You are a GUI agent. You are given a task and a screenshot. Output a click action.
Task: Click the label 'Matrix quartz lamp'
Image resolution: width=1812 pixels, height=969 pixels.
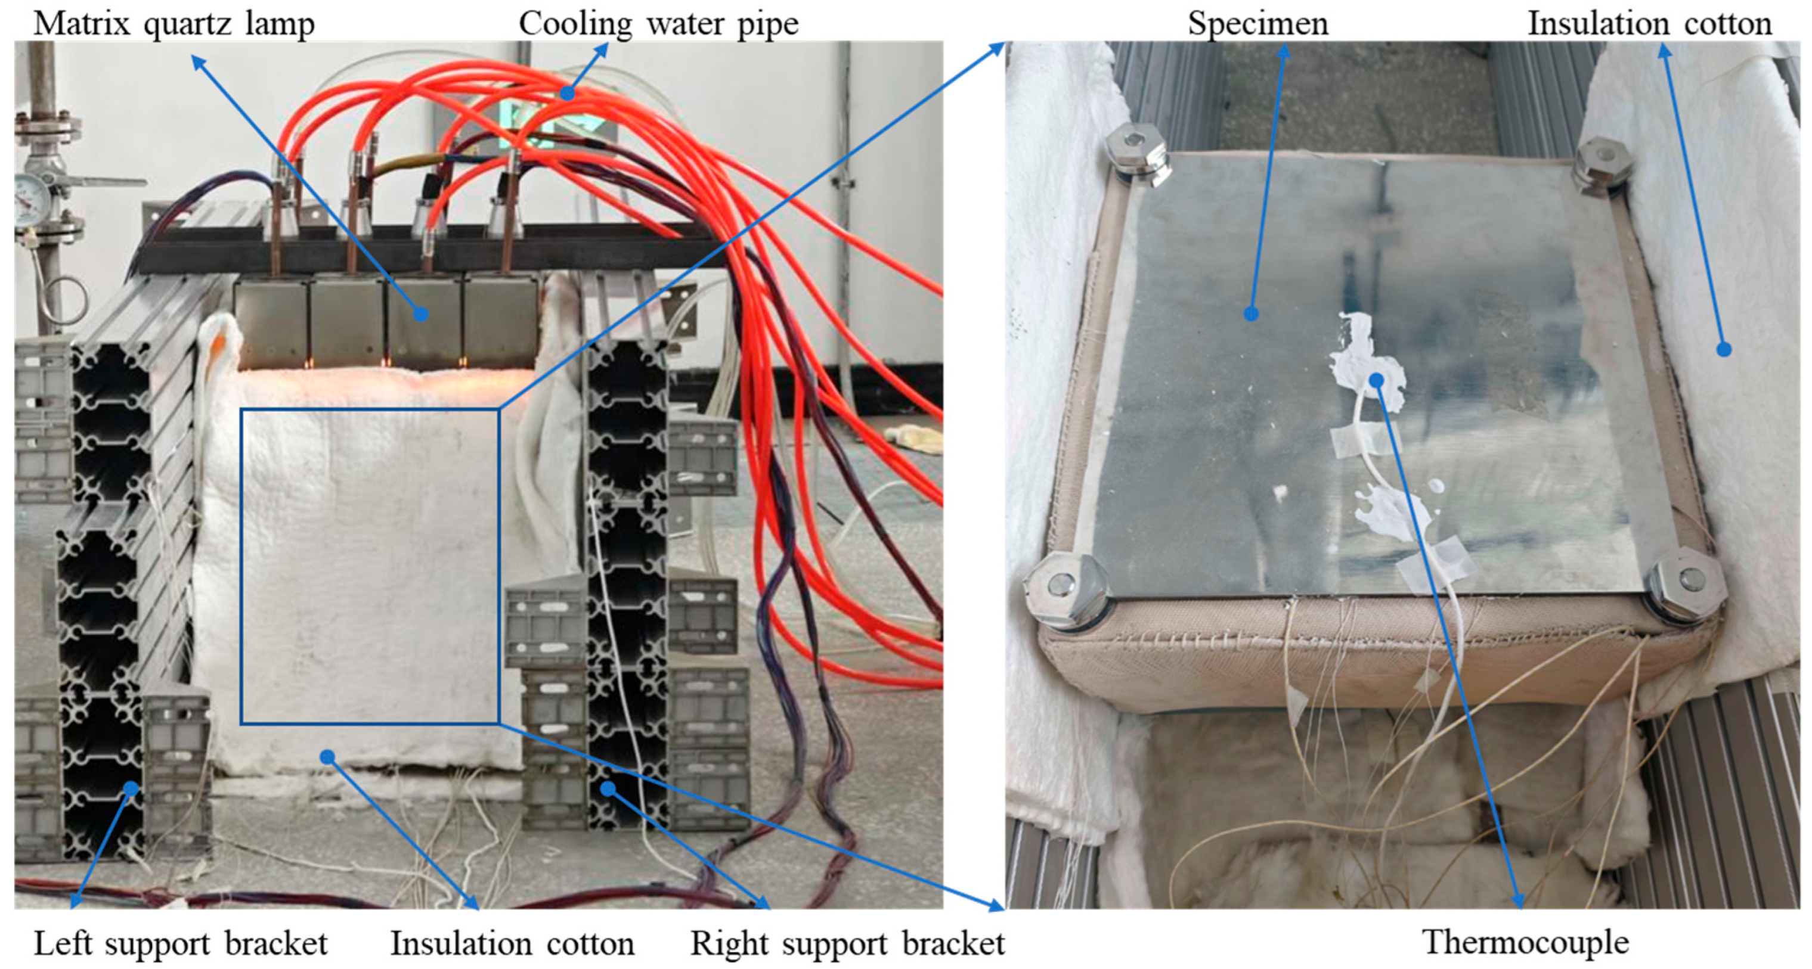click(x=174, y=24)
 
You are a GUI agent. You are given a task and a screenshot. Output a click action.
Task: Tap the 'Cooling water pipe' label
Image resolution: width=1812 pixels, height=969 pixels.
click(x=658, y=24)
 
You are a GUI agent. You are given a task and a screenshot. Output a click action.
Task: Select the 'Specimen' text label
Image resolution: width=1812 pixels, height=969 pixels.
click(x=1257, y=24)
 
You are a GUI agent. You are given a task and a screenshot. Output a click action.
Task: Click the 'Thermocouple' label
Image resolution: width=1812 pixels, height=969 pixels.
click(x=1526, y=942)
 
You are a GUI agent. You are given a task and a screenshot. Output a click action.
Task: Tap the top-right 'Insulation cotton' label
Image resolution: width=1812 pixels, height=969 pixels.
click(x=1649, y=24)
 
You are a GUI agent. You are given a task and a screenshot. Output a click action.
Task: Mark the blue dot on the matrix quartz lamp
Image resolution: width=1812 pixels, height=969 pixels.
click(x=420, y=314)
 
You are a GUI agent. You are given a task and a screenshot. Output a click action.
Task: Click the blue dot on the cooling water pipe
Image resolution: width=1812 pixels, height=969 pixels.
click(x=567, y=92)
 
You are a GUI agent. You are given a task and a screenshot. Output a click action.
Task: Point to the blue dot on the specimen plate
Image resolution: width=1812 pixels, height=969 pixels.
click(x=1251, y=313)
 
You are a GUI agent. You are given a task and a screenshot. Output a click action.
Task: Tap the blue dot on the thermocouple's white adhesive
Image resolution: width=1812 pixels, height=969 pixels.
click(x=1377, y=380)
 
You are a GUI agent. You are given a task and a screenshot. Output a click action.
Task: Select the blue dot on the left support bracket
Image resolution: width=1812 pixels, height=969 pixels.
click(x=131, y=789)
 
